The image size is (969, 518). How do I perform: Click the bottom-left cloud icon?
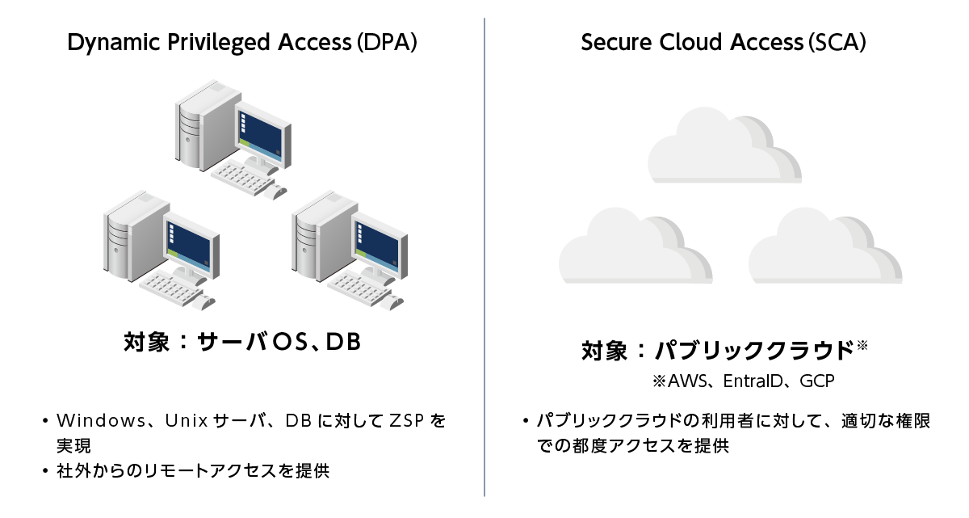[635, 246]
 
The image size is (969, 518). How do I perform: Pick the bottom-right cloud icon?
[824, 246]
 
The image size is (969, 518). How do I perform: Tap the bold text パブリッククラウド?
[753, 351]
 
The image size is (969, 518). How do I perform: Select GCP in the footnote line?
[817, 380]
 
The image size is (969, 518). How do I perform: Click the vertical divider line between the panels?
[484, 259]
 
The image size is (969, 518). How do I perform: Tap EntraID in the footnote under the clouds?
[753, 380]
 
